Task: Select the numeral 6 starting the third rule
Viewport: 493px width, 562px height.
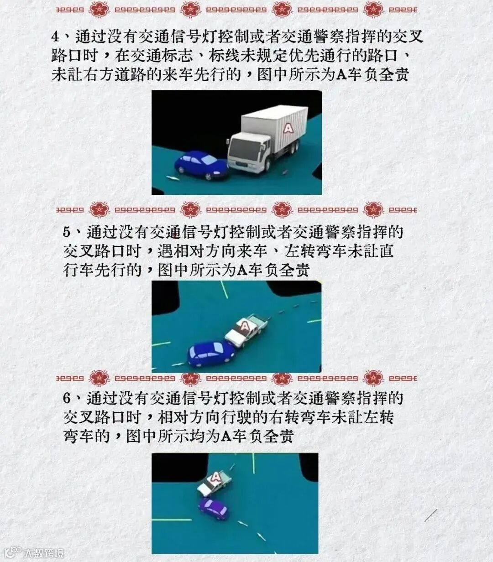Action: (x=67, y=399)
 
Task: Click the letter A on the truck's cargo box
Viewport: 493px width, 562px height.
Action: (x=288, y=128)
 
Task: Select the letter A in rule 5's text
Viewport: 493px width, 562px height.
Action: (x=242, y=270)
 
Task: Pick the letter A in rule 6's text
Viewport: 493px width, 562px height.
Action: (x=226, y=437)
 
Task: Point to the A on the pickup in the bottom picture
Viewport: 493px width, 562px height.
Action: (x=216, y=478)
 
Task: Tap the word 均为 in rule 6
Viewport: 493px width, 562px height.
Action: (x=205, y=437)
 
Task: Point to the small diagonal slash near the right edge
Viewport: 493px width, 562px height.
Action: (x=431, y=515)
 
